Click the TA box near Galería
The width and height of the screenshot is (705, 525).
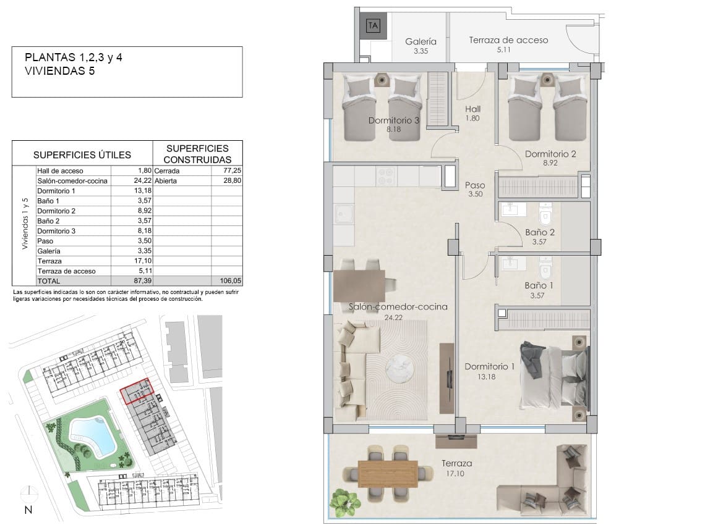(x=373, y=25)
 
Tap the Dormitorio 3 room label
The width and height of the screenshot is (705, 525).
(x=393, y=120)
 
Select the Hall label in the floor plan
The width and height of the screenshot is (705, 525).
(x=472, y=109)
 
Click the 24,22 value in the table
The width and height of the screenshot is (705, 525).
(x=142, y=180)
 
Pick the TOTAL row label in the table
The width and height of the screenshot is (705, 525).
(x=49, y=281)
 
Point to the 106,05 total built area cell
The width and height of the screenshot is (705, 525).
(x=230, y=280)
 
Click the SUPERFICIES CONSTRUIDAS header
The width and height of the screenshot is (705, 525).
(x=197, y=154)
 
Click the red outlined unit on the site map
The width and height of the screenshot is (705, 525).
(x=137, y=391)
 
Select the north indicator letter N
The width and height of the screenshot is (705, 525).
(x=28, y=510)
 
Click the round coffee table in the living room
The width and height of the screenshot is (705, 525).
(x=401, y=368)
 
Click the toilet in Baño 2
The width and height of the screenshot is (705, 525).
(x=545, y=214)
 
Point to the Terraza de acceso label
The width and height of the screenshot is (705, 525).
(x=508, y=40)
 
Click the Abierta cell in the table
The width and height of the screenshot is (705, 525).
(x=166, y=180)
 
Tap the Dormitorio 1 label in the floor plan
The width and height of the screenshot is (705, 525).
(x=489, y=366)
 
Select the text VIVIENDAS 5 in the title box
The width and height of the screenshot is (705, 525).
(x=60, y=71)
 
